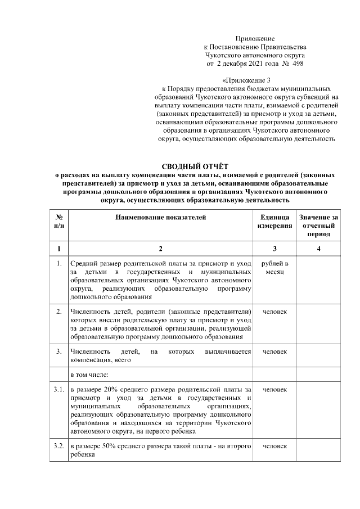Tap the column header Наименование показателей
[x=160, y=217]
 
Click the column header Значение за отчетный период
[x=319, y=225]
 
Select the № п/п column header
[x=58, y=221]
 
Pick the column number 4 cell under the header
[x=319, y=248]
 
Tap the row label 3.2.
[x=58, y=446]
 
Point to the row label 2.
[x=58, y=311]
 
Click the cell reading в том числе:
[x=93, y=373]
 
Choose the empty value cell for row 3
[x=319, y=355]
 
